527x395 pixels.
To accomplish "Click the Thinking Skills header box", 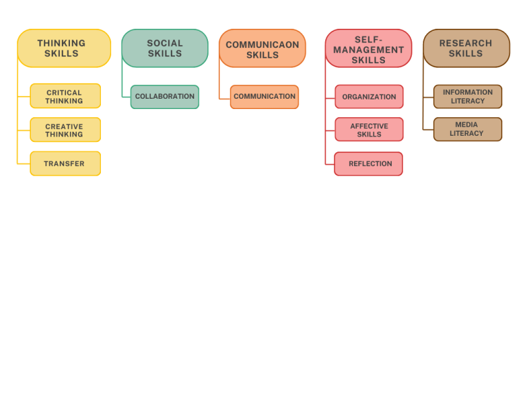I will [64, 48].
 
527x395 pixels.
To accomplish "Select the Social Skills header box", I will [165, 48].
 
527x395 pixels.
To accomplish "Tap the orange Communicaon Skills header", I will [262, 49].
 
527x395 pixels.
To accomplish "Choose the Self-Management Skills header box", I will [368, 49].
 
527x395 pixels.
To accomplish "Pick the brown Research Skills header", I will [466, 48].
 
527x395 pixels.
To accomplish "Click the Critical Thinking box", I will [65, 96].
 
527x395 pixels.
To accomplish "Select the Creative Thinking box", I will [65, 130].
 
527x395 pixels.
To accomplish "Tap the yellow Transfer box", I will [65, 164].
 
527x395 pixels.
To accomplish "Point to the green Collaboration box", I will [165, 97].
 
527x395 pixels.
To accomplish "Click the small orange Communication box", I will [264, 97].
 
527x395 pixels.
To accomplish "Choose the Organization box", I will [369, 97].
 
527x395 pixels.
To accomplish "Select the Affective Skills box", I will [369, 130].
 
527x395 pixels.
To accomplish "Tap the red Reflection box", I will [368, 164].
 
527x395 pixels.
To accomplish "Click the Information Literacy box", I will [467, 97].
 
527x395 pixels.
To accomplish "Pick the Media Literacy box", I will [467, 130].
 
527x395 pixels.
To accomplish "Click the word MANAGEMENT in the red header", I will [368, 50].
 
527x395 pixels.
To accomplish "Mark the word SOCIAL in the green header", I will [165, 43].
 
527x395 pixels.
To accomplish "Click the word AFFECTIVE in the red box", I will [369, 126].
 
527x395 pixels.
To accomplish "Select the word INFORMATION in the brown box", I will [467, 93].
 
